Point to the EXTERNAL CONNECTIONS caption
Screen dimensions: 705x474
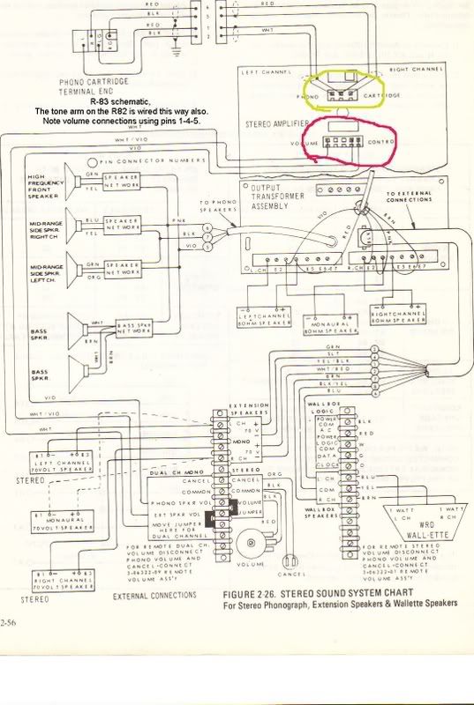[x=155, y=597]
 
